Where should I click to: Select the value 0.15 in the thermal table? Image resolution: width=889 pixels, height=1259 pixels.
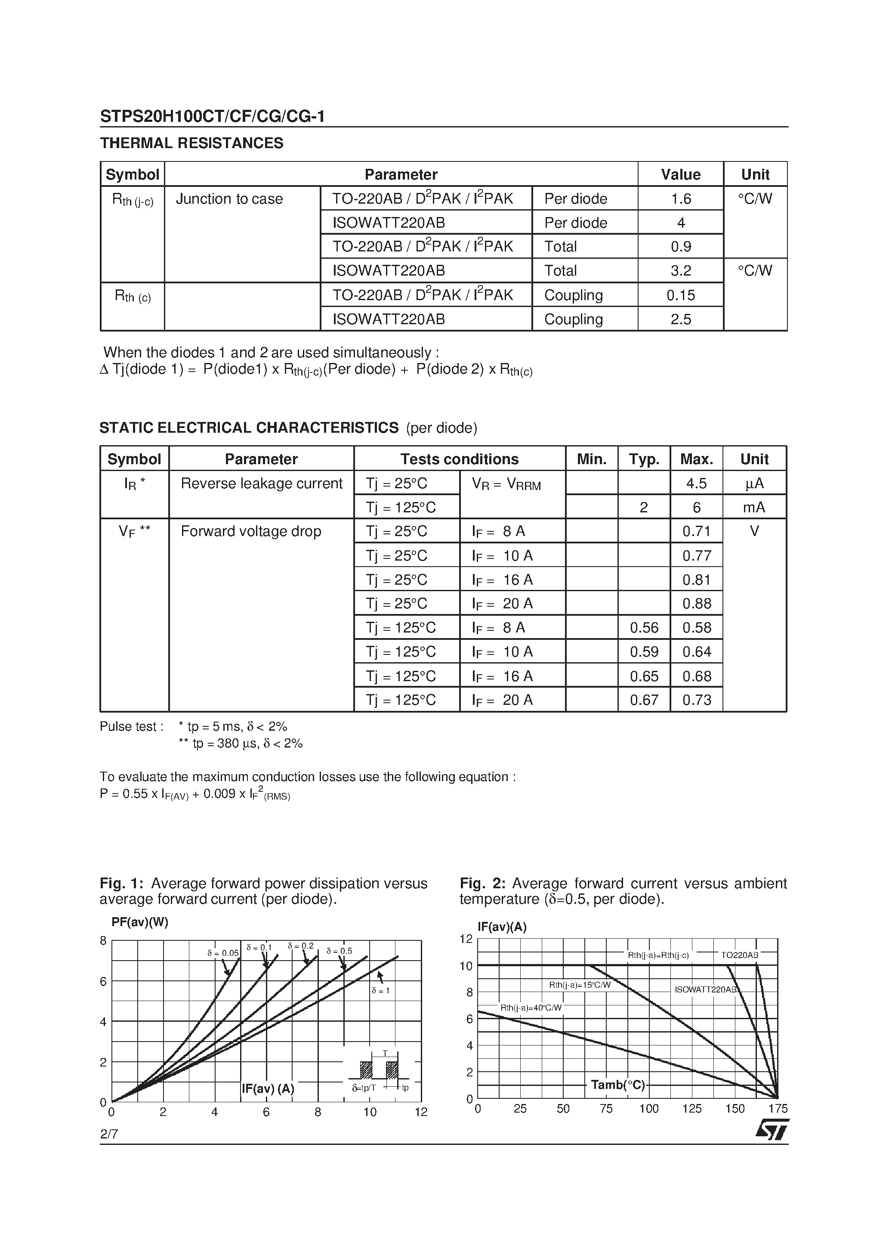(x=680, y=295)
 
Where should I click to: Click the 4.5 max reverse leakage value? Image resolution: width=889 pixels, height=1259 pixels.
(x=696, y=483)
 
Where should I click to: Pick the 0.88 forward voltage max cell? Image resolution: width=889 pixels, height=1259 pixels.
(x=696, y=604)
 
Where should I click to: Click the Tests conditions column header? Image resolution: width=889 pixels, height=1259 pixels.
(x=459, y=459)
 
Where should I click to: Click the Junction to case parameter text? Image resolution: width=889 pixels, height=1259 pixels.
(x=229, y=199)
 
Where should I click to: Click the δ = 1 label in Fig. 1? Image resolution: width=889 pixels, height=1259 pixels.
(x=380, y=991)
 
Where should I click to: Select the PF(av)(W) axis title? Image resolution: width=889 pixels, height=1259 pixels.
(x=140, y=922)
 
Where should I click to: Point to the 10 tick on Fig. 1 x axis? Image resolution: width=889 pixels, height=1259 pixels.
(x=370, y=1112)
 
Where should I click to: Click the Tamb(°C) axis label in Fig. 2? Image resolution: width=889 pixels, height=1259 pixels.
(x=618, y=1085)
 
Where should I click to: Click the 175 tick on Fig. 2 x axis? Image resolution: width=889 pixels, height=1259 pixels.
(x=778, y=1109)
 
